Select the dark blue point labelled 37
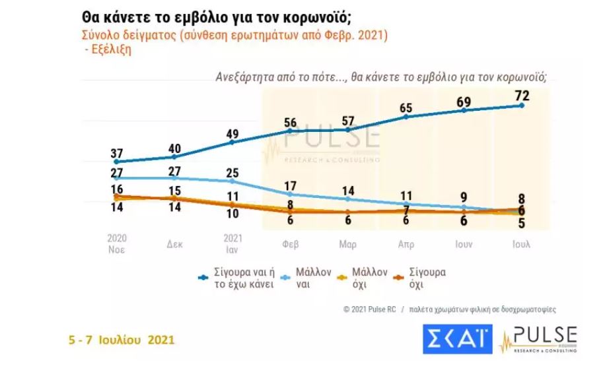pos(117,162)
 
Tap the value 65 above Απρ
pos(406,108)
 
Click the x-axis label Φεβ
pos(291,244)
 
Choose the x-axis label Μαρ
pos(348,244)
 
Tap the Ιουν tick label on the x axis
pos(463,244)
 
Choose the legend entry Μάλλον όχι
pos(370,277)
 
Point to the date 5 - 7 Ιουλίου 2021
pos(122,340)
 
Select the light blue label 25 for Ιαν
pos(232,174)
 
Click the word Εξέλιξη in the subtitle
pos(111,50)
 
